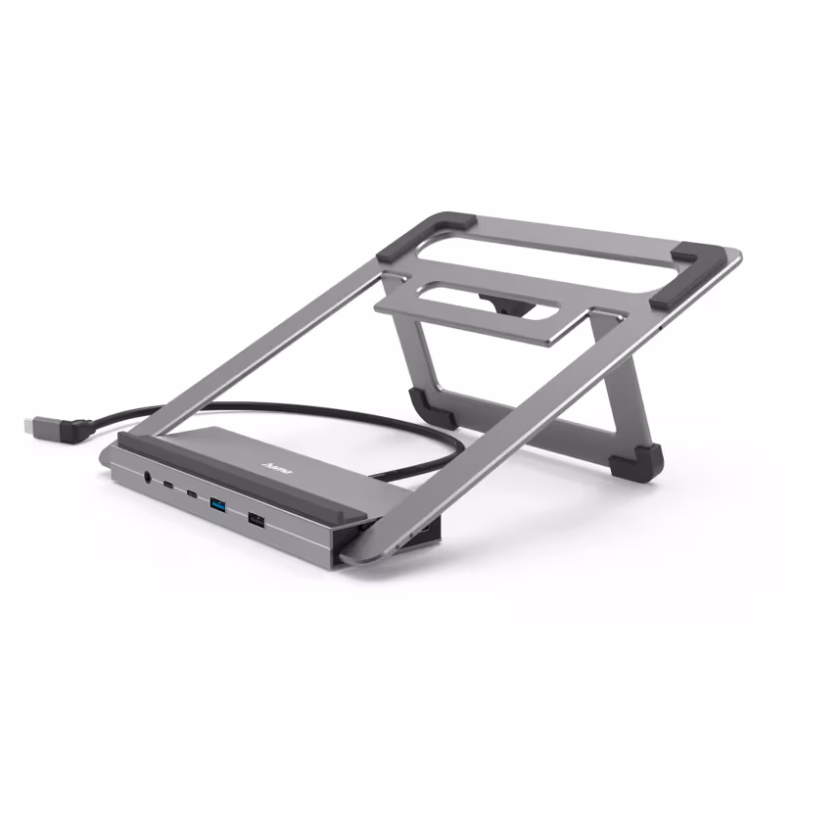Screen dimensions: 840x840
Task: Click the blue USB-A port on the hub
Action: click(217, 504)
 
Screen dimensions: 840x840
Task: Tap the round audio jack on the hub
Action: click(148, 479)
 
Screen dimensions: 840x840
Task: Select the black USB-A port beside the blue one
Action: click(256, 519)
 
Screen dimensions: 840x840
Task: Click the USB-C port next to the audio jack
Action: click(169, 486)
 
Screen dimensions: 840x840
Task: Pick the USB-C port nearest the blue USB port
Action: click(192, 493)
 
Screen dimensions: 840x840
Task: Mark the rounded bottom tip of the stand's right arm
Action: click(357, 555)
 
